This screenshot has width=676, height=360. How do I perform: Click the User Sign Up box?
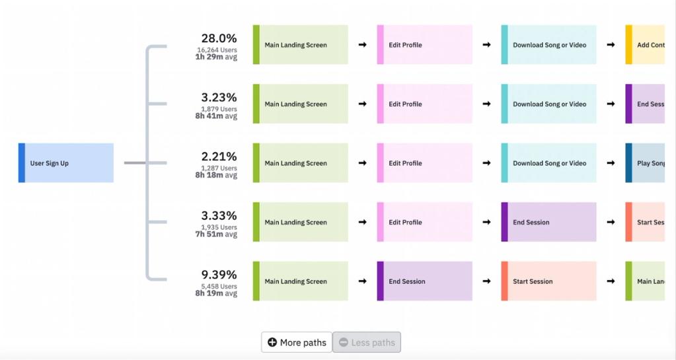point(66,163)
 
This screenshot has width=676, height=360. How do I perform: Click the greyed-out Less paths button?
point(367,342)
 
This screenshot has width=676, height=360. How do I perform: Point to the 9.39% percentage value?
point(219,275)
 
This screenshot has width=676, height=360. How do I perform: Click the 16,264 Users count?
point(217,50)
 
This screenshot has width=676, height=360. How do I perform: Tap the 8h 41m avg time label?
point(216,116)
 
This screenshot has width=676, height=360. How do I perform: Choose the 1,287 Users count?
point(219,168)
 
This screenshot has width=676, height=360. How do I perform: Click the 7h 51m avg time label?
point(216,234)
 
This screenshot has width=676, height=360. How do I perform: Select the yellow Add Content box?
point(645,45)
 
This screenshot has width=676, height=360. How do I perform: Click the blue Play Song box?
point(645,163)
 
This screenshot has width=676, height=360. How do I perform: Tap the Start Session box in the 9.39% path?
point(548,281)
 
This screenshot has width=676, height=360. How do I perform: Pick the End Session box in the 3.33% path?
point(548,223)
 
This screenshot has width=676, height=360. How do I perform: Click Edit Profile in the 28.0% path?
point(424,45)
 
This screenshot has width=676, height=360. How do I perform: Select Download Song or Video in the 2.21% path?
point(548,163)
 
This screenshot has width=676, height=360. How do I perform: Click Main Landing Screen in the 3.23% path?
point(300,104)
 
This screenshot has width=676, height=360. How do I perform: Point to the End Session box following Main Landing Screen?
point(424,281)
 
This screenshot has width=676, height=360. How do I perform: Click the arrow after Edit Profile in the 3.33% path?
point(486,223)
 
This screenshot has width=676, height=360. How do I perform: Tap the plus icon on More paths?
point(272,343)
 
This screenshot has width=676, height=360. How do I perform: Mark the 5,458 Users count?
point(219,287)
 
